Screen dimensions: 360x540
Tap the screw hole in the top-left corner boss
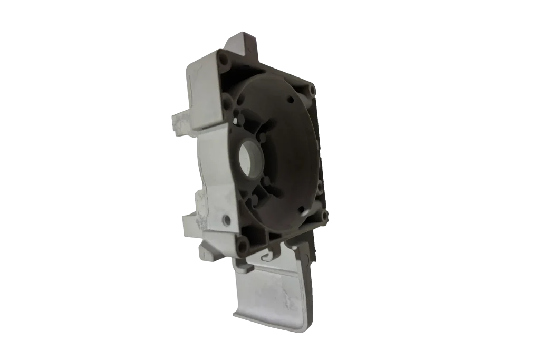[224, 60]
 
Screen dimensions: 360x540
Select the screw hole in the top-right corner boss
[312, 90]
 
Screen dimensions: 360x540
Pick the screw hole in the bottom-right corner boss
[324, 215]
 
